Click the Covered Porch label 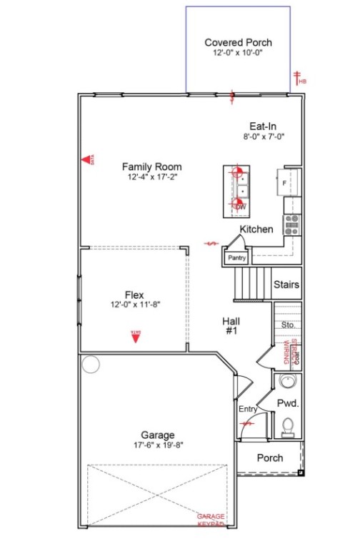click(x=238, y=43)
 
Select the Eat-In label click(x=258, y=126)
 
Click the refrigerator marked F click(x=289, y=182)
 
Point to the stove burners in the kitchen click(x=291, y=225)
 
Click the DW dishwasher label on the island click(x=240, y=207)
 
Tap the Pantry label click(x=236, y=257)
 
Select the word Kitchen click(x=256, y=229)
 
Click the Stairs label click(x=286, y=285)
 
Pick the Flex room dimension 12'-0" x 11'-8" click(x=134, y=304)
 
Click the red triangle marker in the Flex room click(x=134, y=335)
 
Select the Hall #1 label click(x=231, y=326)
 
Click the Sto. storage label click(x=289, y=325)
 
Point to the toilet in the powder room click(x=288, y=427)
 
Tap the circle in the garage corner click(x=91, y=365)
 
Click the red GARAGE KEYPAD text click(x=211, y=520)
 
